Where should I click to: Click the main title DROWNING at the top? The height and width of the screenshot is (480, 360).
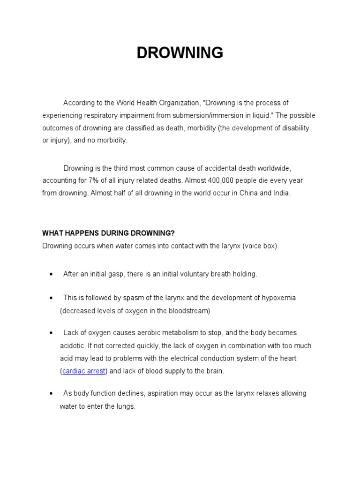(x=180, y=53)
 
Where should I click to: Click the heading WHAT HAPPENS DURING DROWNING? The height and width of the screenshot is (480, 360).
(x=108, y=233)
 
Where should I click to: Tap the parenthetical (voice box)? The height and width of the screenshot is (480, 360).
(x=260, y=246)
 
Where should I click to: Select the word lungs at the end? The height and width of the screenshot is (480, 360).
(x=125, y=407)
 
